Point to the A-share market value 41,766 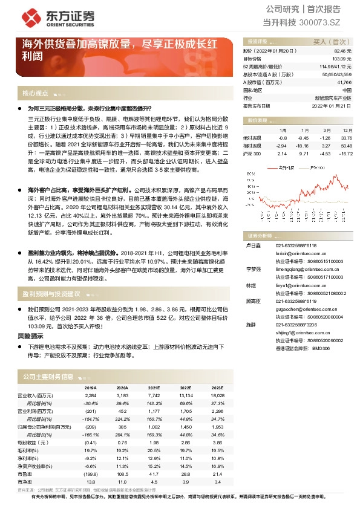(x=344, y=82)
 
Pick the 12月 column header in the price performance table (x=347, y=130)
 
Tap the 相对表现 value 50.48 (x=346, y=146)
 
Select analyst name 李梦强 (x=250, y=268)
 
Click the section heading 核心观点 (x=35, y=94)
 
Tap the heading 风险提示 (x=30, y=334)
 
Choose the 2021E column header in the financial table (x=153, y=387)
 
